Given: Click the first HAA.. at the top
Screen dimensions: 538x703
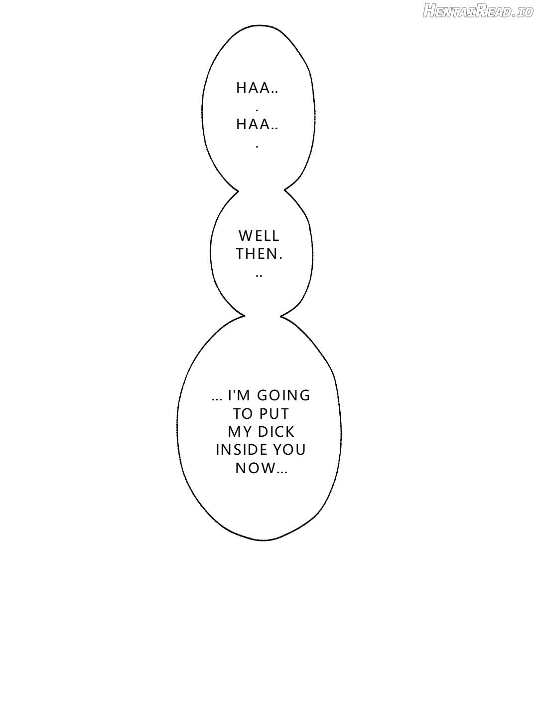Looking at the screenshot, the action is [x=257, y=88].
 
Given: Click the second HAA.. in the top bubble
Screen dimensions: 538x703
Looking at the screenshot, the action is [x=257, y=125].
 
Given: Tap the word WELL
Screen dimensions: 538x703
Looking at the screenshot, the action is [x=259, y=236].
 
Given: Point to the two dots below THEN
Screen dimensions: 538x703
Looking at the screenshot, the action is [x=259, y=276].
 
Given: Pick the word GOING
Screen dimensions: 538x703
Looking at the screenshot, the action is [x=284, y=395].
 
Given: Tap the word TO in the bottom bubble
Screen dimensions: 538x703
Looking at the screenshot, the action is [x=243, y=414].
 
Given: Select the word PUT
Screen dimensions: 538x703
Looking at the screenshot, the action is [x=274, y=414].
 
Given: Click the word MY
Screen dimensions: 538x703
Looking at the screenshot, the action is [x=239, y=432].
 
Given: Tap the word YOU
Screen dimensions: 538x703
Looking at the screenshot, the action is [x=289, y=450].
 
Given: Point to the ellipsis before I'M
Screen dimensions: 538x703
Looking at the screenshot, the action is [x=217, y=399].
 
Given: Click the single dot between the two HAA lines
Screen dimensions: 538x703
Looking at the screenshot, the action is [x=257, y=111].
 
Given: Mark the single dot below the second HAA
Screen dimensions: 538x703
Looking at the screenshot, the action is [x=257, y=147].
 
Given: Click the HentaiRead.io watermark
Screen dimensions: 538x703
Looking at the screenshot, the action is [x=478, y=11].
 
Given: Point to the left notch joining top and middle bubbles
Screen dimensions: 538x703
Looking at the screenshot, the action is [x=238, y=191].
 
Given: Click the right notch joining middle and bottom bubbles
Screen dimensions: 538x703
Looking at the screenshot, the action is [x=281, y=316].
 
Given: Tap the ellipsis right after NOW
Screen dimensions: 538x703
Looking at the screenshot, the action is [x=282, y=472].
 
